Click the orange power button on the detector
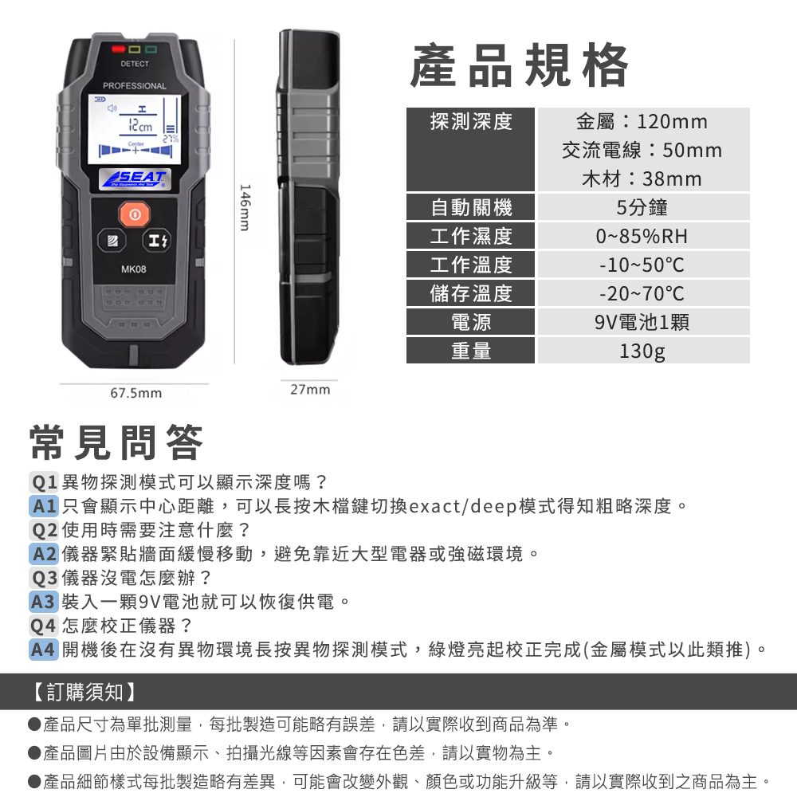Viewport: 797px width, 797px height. (135, 214)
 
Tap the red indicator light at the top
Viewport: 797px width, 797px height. (119, 49)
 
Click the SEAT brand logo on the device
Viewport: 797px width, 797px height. (135, 179)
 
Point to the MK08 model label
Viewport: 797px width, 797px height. (134, 269)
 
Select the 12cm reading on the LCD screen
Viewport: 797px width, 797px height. (140, 126)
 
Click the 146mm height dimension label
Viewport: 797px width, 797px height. (245, 208)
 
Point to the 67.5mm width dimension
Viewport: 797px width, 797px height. (136, 393)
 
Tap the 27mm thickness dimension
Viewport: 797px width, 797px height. (310, 390)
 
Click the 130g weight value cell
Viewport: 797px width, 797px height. (643, 351)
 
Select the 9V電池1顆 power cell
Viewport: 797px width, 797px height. (643, 322)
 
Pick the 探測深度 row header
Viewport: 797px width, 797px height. (471, 122)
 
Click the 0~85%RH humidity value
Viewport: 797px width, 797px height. (642, 237)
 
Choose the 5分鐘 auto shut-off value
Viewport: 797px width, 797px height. (642, 207)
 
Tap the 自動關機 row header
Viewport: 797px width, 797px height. (471, 207)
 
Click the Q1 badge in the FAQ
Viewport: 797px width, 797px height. (44, 482)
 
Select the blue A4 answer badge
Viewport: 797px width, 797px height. (44, 650)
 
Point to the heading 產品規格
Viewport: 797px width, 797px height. (520, 65)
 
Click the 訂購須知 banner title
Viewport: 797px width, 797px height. (84, 692)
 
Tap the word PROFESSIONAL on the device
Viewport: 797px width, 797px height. (134, 86)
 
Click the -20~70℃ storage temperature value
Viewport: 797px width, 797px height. (642, 294)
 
